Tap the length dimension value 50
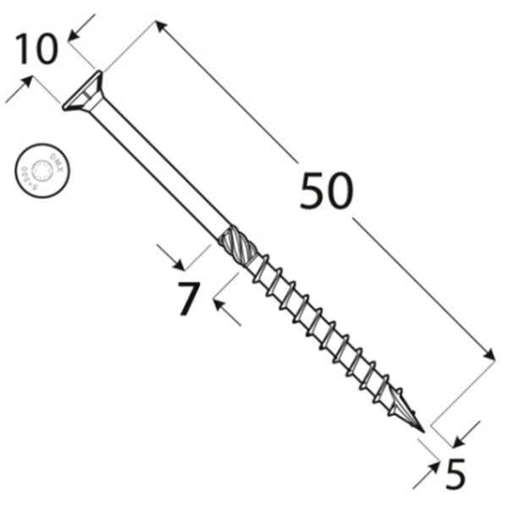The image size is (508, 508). (325, 193)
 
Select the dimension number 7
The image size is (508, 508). (188, 298)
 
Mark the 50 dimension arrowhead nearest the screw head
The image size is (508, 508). (158, 27)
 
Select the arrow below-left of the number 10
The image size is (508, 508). (28, 82)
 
